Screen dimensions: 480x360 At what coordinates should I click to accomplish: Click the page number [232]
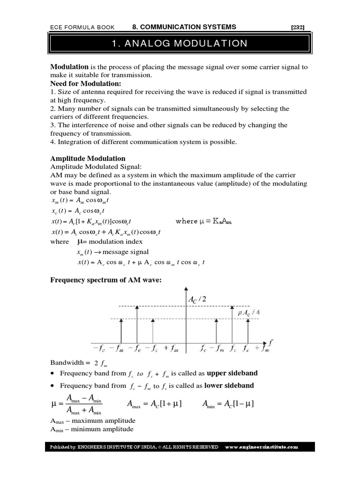[x=298, y=27]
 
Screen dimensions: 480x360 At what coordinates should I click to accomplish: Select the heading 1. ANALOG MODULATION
[x=180, y=44]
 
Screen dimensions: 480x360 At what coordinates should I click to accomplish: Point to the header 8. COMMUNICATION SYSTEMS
[x=184, y=27]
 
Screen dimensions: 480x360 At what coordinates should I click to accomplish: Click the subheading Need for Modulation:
[x=86, y=83]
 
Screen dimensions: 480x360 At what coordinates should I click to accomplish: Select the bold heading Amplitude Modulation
[x=88, y=158]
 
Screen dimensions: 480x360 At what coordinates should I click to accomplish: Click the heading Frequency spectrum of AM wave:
[x=106, y=280]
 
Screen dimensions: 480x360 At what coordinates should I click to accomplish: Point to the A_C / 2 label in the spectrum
[x=197, y=299]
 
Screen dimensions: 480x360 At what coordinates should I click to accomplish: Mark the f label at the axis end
[x=270, y=343]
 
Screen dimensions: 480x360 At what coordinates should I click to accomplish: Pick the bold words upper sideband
[x=232, y=373]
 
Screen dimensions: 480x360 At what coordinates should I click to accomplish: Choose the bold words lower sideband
[x=229, y=385]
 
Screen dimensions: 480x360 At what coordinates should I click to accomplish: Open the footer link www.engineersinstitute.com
[x=262, y=447]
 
